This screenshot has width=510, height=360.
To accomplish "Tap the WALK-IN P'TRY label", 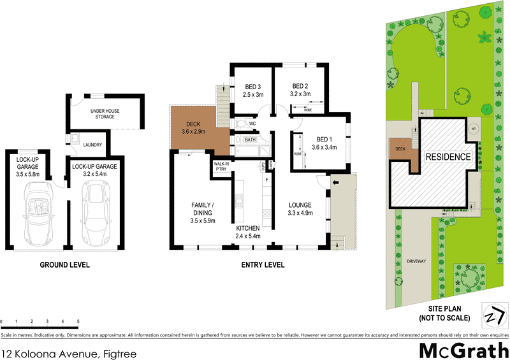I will [x=221, y=167].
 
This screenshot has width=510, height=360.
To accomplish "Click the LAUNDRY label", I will [x=93, y=145].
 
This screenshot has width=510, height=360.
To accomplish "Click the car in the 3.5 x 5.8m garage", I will [x=38, y=208].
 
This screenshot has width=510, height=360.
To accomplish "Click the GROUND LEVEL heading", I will [x=65, y=265].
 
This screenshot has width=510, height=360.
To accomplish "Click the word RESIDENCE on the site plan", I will [x=448, y=157].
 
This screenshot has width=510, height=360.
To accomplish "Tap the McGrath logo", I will [x=463, y=349].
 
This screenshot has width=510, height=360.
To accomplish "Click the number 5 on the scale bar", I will [x=78, y=321].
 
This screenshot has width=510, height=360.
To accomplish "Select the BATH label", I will [x=250, y=139].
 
